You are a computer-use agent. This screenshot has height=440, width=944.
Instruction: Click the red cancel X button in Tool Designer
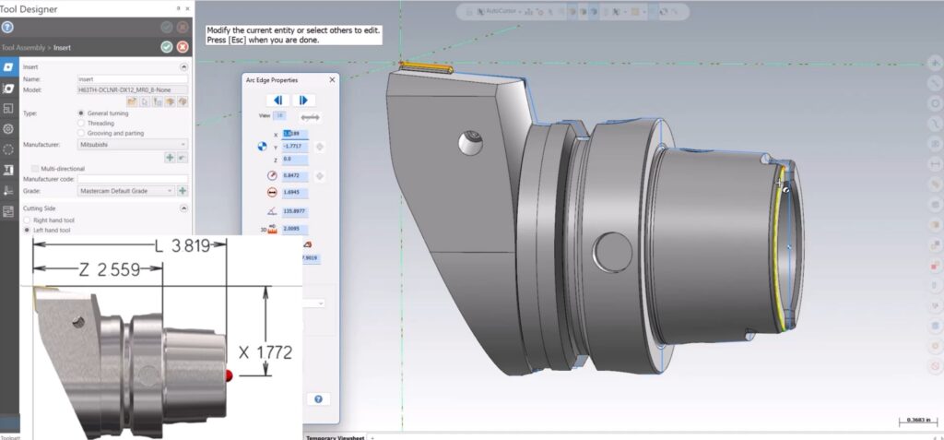[183, 46]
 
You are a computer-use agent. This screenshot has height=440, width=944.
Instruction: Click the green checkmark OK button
[166, 46]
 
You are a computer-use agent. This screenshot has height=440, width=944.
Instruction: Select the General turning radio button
[81, 113]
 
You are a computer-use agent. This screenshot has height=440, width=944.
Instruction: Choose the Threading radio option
[81, 122]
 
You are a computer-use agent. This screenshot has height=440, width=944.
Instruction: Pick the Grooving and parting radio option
[81, 133]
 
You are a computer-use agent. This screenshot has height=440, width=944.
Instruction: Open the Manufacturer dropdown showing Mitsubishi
[132, 145]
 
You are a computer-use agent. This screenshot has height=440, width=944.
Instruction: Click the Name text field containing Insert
[132, 79]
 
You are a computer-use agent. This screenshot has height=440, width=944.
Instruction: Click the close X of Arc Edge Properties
[331, 80]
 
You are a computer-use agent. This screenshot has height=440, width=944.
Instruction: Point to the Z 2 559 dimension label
[107, 270]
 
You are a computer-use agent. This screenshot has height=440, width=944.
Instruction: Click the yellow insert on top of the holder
[425, 66]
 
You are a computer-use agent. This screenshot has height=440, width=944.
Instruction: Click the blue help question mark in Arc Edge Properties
[318, 399]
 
